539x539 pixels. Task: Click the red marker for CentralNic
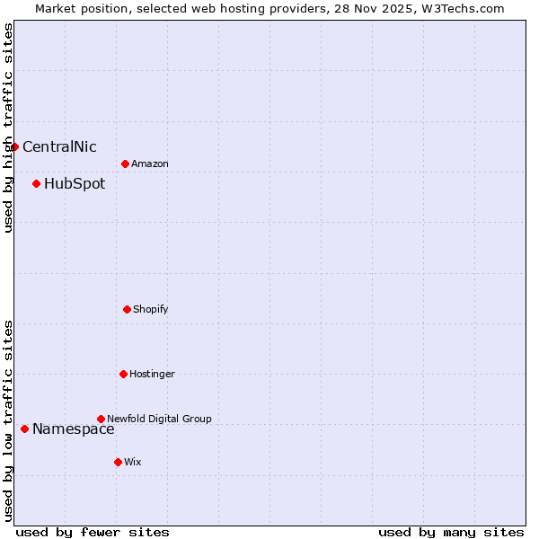(x=15, y=146)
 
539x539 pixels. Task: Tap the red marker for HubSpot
(x=36, y=183)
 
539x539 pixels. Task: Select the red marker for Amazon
(x=125, y=163)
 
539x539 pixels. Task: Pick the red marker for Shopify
(x=127, y=309)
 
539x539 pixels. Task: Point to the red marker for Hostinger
(x=123, y=374)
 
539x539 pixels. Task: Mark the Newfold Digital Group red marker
(x=101, y=419)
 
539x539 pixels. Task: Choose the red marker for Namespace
(x=24, y=429)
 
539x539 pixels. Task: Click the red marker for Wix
(x=118, y=462)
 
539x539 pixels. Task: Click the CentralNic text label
(x=59, y=147)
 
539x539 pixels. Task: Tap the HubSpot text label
(x=75, y=184)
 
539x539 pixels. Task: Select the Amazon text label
(x=150, y=164)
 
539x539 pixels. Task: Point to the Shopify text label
(x=151, y=310)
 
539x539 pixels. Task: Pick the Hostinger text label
(x=153, y=375)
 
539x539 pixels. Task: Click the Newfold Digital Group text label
(x=160, y=420)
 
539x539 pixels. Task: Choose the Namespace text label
(x=74, y=429)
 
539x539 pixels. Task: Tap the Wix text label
(x=133, y=463)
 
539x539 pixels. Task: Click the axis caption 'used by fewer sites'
(x=93, y=532)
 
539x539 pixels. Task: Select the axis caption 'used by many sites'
(x=451, y=532)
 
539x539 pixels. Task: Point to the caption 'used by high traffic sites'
(x=8, y=128)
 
